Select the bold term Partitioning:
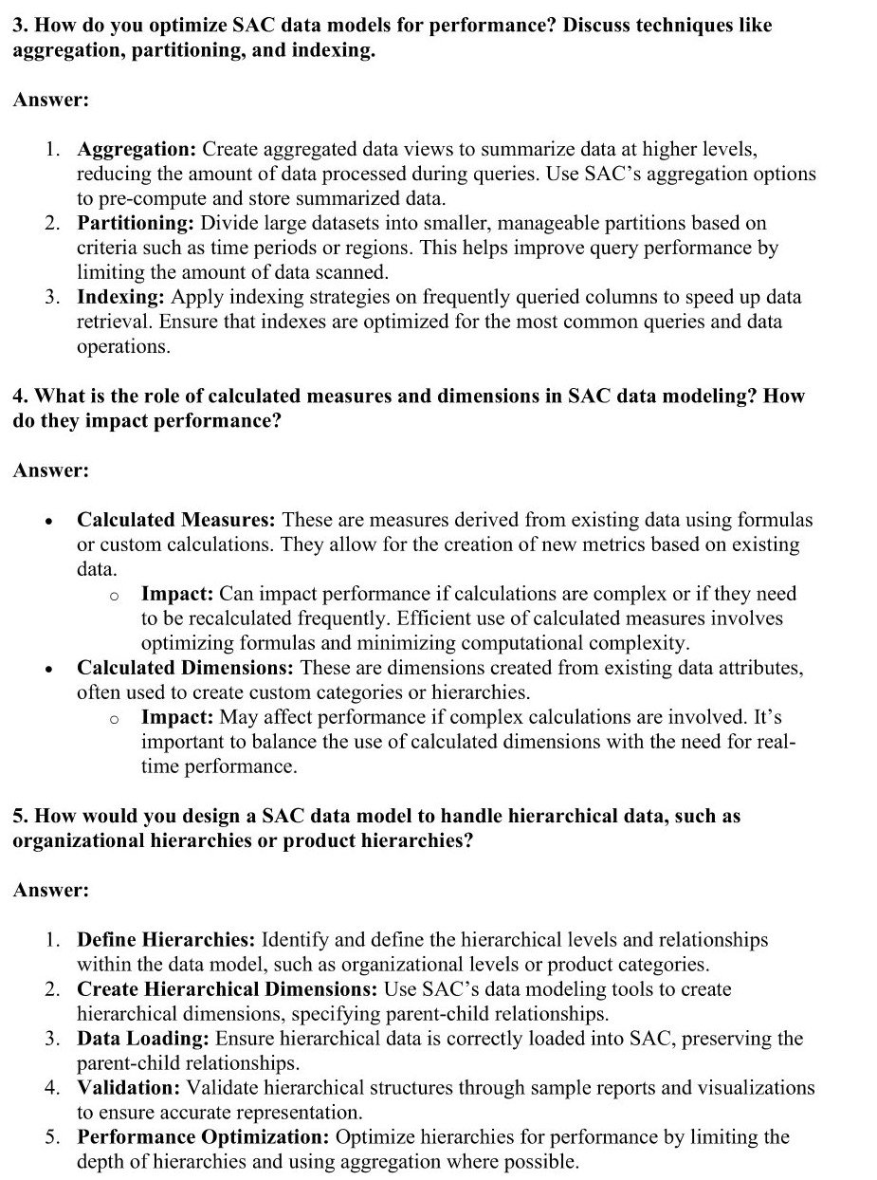coord(136,224)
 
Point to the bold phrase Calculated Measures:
coord(176,520)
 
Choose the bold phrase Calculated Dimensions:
coord(185,668)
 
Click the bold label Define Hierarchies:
coord(166,940)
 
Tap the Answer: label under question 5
coord(50,891)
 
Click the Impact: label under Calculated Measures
coord(177,594)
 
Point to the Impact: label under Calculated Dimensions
coord(177,717)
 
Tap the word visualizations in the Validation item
coord(742,1088)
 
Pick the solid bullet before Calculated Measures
coord(49,521)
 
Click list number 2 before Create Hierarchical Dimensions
coord(54,989)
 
